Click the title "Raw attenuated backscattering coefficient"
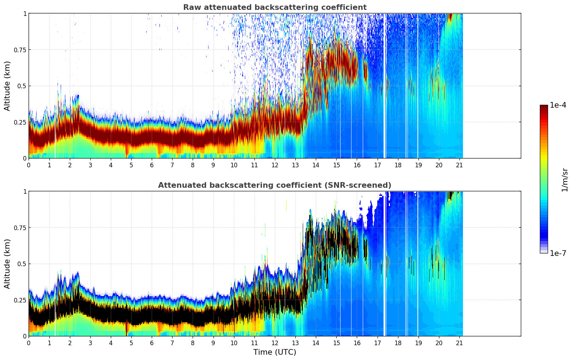(275, 7)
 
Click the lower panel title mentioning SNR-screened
(275, 185)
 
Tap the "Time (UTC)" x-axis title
(275, 352)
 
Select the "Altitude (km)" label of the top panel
(7, 86)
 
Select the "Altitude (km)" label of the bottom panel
(7, 264)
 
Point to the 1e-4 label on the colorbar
(558, 105)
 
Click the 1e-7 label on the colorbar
(558, 253)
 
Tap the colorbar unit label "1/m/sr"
(565, 180)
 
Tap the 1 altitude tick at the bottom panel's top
(25, 192)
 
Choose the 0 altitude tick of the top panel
(25, 158)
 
